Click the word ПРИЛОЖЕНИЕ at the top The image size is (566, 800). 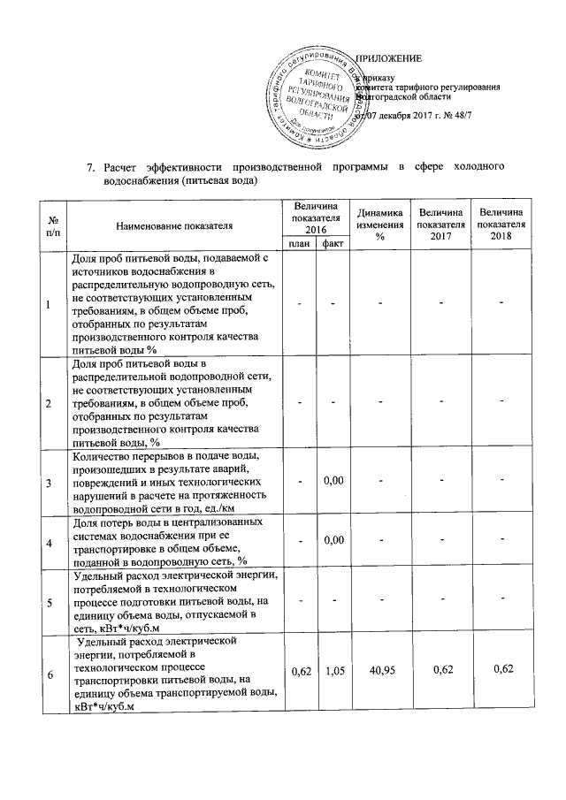click(389, 58)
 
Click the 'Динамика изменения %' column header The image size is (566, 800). click(379, 226)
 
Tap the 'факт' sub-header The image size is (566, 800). click(333, 242)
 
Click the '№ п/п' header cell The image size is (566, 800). click(54, 226)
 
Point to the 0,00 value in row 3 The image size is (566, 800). click(333, 480)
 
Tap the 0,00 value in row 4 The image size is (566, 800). click(333, 539)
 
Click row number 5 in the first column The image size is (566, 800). click(50, 600)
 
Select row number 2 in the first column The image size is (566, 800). click(50, 402)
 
